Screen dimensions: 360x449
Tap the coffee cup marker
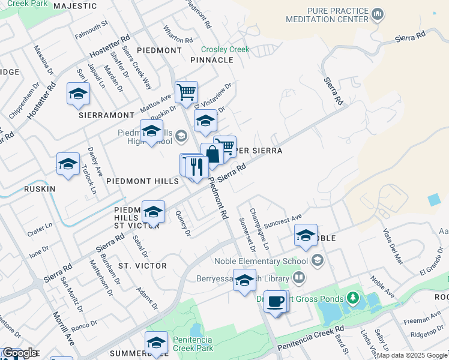(276, 301)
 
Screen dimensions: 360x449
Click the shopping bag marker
(212, 154)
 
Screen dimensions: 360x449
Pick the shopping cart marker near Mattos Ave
(186, 92)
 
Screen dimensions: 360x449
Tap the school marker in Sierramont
(78, 94)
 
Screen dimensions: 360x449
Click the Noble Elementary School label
(261, 260)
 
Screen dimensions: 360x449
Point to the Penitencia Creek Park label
(193, 344)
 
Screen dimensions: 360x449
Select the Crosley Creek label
(225, 49)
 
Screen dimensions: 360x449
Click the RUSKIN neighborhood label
(40, 188)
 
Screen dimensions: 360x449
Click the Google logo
(19, 353)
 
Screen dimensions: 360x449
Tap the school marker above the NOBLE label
(306, 236)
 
